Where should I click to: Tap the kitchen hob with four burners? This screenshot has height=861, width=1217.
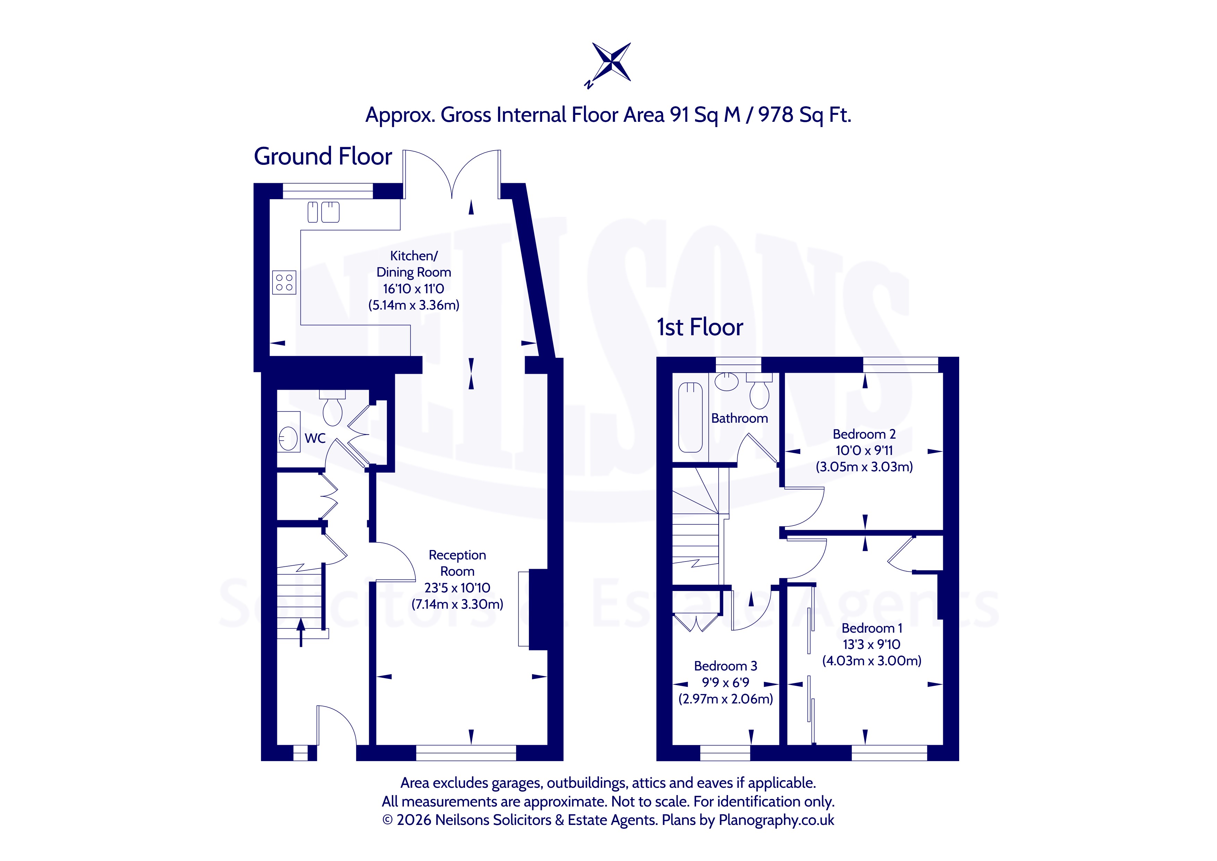click(x=284, y=282)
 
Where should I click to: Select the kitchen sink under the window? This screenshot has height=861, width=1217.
click(x=323, y=212)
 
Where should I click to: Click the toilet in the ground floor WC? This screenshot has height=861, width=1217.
click(x=332, y=408)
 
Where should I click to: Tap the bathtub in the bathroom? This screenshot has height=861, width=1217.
click(x=690, y=418)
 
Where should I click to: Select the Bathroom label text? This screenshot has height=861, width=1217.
click(x=740, y=418)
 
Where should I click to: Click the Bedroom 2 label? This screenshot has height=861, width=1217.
click(x=864, y=434)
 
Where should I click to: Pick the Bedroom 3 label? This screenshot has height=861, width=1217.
click(x=726, y=666)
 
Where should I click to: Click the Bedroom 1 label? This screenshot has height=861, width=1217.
click(x=872, y=628)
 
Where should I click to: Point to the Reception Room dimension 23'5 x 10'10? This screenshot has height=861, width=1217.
click(x=457, y=588)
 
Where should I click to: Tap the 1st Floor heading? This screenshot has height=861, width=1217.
click(x=700, y=327)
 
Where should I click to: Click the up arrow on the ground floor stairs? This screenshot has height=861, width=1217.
click(x=301, y=633)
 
